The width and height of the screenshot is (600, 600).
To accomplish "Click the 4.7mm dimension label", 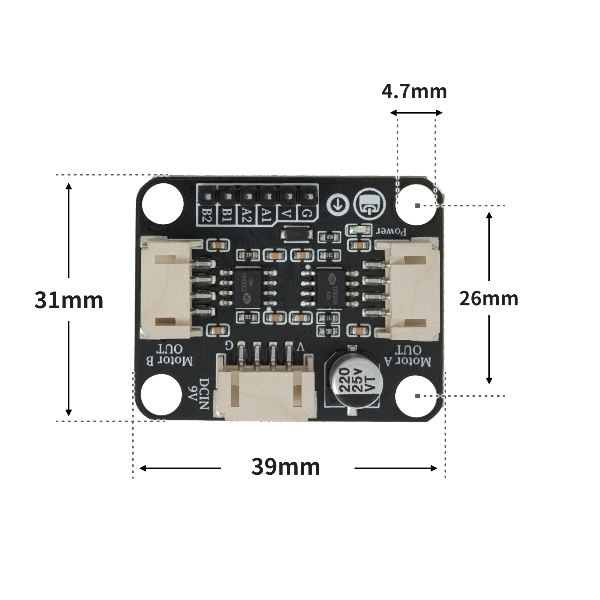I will point(414,92).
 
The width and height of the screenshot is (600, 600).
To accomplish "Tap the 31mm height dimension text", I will point(69,300).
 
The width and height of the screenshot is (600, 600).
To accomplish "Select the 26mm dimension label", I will point(489,299).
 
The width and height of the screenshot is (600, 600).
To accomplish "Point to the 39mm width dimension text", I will point(286,467).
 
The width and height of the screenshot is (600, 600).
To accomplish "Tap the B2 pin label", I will point(207,215).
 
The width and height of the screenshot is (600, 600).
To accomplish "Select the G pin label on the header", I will point(307,214).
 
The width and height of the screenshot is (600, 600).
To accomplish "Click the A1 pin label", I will point(266,215).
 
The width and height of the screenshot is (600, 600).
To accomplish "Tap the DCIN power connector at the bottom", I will point(265,394).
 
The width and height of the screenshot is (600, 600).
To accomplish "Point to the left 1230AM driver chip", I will point(248,288).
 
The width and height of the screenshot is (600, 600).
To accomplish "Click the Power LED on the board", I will point(359,230).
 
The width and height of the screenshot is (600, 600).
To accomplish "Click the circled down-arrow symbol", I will point(338,205).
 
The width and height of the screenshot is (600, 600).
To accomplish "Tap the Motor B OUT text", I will point(169,355).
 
